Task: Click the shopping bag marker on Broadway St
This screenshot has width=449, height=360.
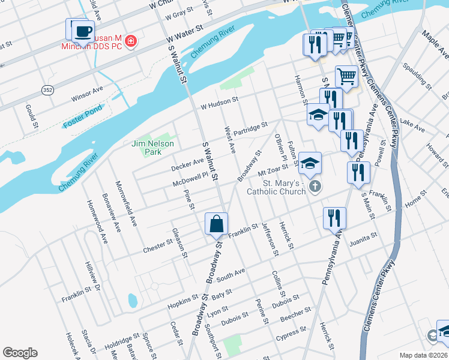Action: click(216, 224)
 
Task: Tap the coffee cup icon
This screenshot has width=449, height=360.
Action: click(83, 31)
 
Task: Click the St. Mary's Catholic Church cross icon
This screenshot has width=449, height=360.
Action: click(315, 187)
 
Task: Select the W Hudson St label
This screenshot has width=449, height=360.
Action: click(220, 101)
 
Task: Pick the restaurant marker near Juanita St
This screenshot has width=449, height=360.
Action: click(334, 218)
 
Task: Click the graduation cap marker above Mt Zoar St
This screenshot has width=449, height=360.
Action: click(310, 163)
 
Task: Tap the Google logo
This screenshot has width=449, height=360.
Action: click(20, 353)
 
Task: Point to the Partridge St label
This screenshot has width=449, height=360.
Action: click(250, 128)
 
